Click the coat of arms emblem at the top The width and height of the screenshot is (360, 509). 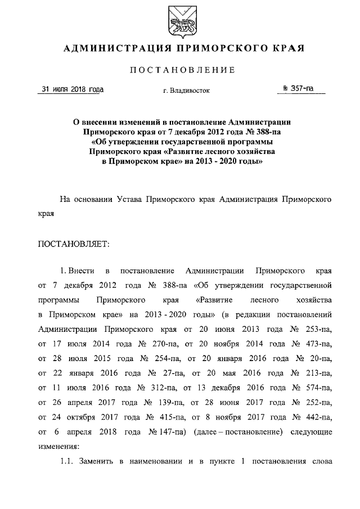pyautogui.click(x=179, y=20)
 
